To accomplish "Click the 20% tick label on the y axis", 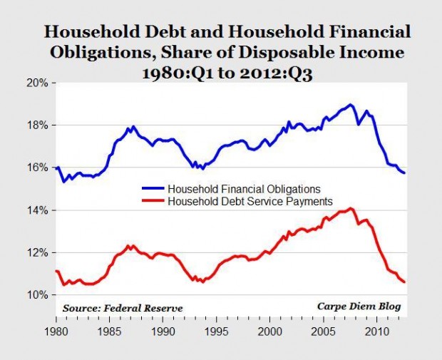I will click(x=38, y=83).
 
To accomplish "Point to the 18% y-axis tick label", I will click(x=38, y=125).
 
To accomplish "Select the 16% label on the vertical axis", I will click(x=38, y=168).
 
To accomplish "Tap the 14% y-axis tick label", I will click(x=38, y=210).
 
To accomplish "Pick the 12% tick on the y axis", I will click(x=38, y=252).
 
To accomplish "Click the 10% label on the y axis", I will click(x=38, y=295).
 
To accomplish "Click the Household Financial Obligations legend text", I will click(x=242, y=189).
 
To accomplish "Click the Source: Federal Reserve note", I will click(x=122, y=307).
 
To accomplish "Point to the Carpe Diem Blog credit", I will click(x=359, y=307).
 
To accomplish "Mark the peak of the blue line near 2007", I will click(x=351, y=105).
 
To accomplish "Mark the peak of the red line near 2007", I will click(x=350, y=208).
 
